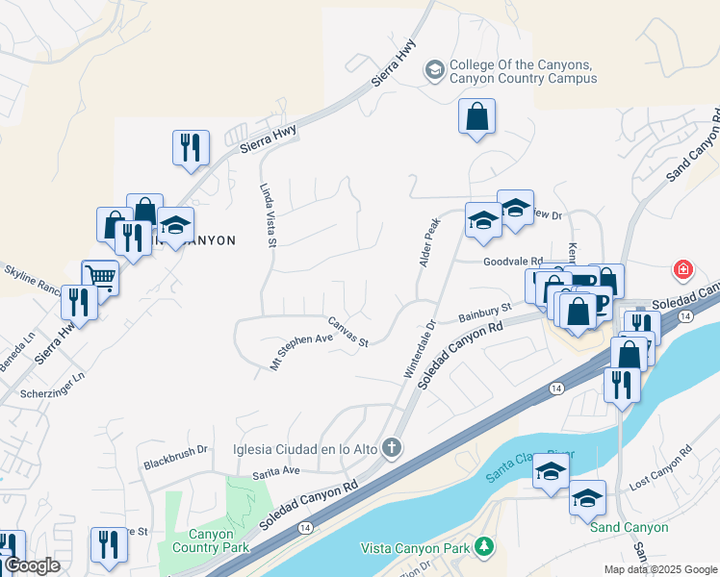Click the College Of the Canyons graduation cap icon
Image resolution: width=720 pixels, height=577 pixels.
[x=435, y=69]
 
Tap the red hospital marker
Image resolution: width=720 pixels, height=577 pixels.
[x=682, y=269]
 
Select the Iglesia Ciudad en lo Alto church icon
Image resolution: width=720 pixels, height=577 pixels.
[x=391, y=447]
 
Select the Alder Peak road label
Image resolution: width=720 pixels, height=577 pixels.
[x=429, y=241]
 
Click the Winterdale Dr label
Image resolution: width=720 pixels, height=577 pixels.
[x=419, y=354]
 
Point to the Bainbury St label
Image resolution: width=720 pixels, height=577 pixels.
[x=483, y=315]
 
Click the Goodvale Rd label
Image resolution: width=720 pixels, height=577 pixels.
[x=513, y=261]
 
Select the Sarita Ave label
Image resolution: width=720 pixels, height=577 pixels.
[x=277, y=470]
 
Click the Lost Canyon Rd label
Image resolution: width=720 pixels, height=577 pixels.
[x=660, y=465]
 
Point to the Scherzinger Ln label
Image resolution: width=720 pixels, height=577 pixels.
[x=54, y=385]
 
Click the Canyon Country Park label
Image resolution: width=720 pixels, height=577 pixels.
[x=211, y=540]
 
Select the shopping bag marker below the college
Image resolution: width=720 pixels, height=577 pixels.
[x=476, y=117]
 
